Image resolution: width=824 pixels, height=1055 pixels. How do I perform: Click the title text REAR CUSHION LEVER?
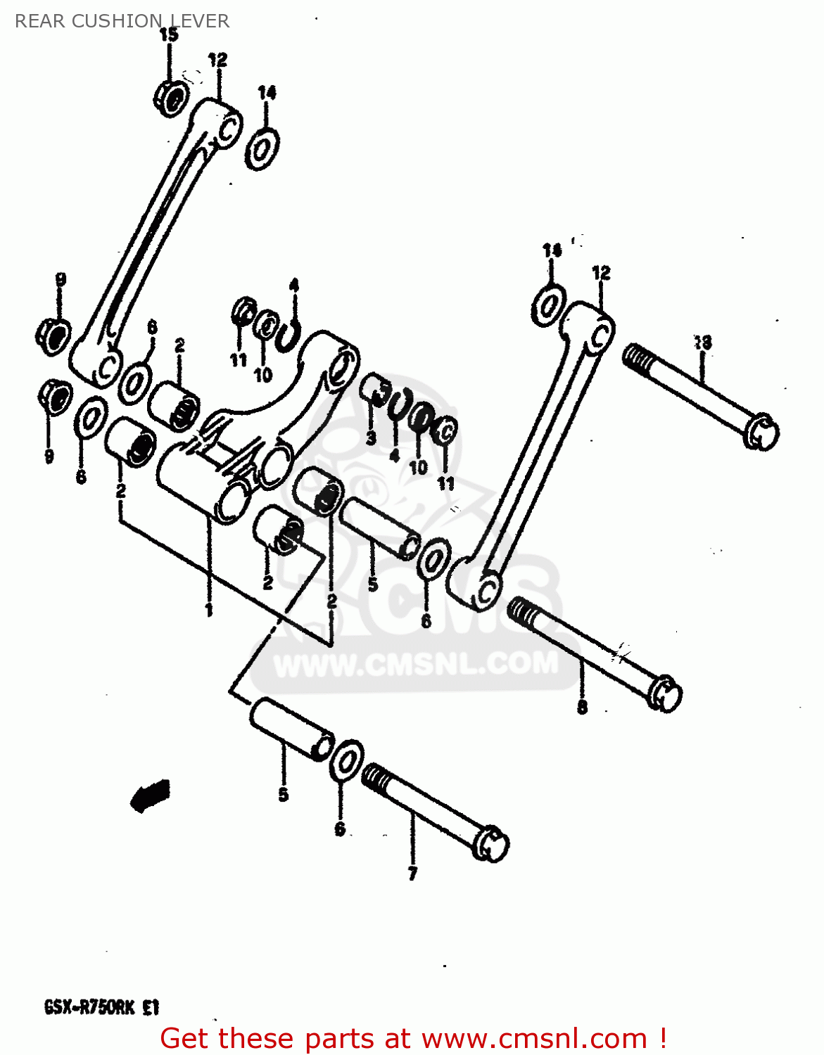click(x=122, y=21)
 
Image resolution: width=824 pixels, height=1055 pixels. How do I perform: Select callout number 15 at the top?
click(x=169, y=34)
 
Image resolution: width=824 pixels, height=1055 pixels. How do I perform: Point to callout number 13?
click(x=702, y=343)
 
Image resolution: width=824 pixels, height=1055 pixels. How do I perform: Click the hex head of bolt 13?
click(x=761, y=431)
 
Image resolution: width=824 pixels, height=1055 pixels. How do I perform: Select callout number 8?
click(x=583, y=707)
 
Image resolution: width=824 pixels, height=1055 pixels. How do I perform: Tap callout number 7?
click(x=412, y=874)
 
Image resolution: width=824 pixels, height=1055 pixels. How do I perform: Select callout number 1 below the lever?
click(x=209, y=609)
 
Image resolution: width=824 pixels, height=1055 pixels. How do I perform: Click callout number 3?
click(x=372, y=438)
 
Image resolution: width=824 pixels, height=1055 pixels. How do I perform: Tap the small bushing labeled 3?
click(x=374, y=388)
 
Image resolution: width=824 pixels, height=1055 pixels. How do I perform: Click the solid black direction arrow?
click(x=149, y=795)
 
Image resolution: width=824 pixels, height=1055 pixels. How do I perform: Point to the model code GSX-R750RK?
click(x=92, y=1007)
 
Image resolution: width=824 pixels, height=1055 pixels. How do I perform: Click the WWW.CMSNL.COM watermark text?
click(x=415, y=664)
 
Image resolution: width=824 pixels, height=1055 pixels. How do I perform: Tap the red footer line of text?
click(x=413, y=1039)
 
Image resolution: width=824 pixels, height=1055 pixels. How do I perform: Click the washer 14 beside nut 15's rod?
click(x=262, y=149)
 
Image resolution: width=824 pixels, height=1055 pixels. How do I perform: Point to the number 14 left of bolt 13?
click(x=552, y=250)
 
